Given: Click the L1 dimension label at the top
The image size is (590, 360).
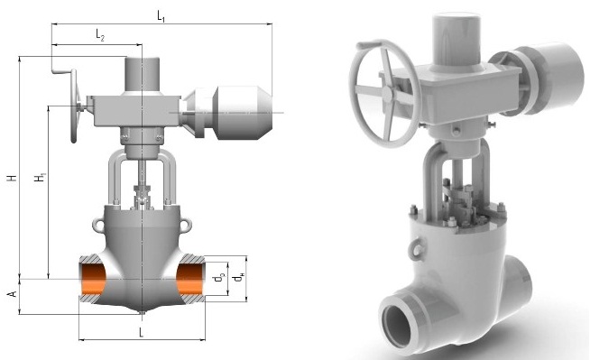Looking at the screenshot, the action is click(x=161, y=16).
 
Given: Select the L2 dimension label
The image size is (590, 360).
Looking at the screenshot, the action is click(x=100, y=36).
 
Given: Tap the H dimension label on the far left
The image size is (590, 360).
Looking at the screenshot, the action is click(x=13, y=177).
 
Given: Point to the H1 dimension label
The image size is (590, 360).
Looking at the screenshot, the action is click(x=41, y=177).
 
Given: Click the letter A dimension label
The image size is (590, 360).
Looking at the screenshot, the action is click(x=13, y=294).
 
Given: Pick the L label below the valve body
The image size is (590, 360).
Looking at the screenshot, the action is click(x=141, y=332).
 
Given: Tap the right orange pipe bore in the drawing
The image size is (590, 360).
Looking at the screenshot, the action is click(x=189, y=280).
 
